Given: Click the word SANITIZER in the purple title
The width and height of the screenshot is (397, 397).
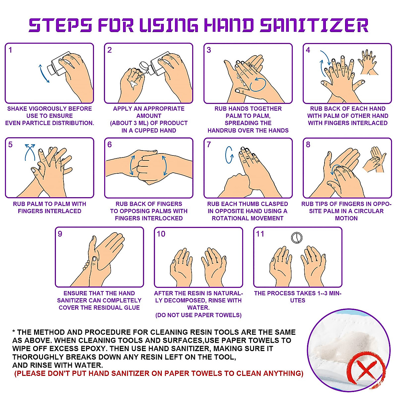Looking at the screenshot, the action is click(314, 25).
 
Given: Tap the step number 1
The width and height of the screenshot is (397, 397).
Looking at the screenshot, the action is click(10, 50).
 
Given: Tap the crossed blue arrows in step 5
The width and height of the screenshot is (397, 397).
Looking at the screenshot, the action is click(30, 152).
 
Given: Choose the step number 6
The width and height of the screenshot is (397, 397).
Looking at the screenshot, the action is click(110, 145).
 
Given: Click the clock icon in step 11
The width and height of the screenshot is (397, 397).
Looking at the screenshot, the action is click(297, 238).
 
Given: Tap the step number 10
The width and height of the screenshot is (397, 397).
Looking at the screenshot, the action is click(161, 234).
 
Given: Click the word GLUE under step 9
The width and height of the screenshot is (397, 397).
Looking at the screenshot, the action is click(131, 308).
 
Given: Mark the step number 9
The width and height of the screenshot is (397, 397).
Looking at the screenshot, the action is click(60, 234).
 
